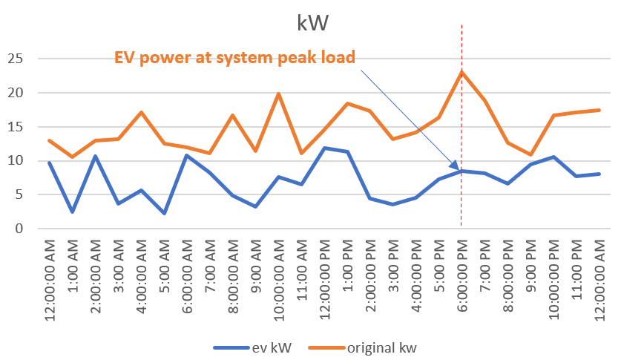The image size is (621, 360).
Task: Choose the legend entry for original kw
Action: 375,346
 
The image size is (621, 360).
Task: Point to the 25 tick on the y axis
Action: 15,59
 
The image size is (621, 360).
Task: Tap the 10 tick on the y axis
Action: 15,161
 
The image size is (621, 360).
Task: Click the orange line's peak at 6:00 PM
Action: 461,72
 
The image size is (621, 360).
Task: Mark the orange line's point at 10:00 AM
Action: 278,94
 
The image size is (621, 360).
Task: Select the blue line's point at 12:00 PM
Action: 324,148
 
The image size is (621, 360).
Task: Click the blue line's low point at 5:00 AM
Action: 164,213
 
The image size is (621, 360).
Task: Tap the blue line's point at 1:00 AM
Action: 73,212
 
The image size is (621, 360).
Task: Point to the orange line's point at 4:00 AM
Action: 141,112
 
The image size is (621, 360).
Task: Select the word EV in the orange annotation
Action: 124,57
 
